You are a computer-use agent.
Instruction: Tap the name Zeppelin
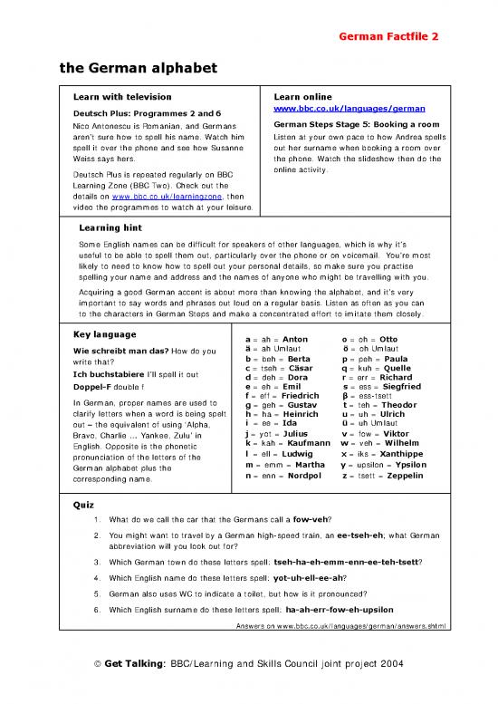pyautogui.click(x=399, y=475)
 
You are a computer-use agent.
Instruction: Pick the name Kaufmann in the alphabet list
pyautogui.click(x=299, y=442)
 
